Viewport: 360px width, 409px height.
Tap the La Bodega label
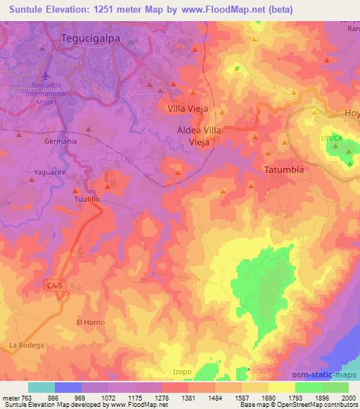point(27,345)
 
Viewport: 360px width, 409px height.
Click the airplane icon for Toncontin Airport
point(46,75)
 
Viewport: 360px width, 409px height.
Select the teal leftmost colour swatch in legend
point(41,387)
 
